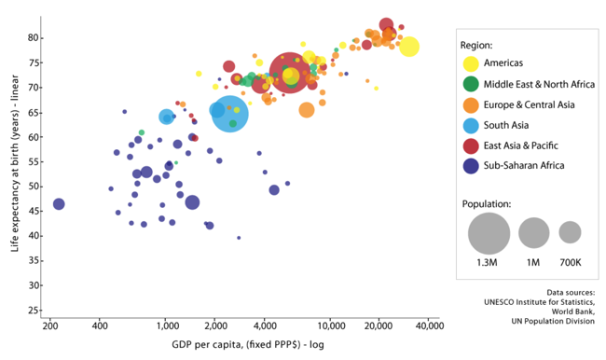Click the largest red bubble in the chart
(289, 73)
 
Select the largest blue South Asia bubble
(229, 114)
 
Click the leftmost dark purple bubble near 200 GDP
(59, 203)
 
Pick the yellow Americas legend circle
(472, 64)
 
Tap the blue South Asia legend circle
(472, 125)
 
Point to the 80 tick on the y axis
(33, 37)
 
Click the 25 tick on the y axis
(33, 310)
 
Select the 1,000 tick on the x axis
(166, 327)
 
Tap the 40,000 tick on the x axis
(428, 327)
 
